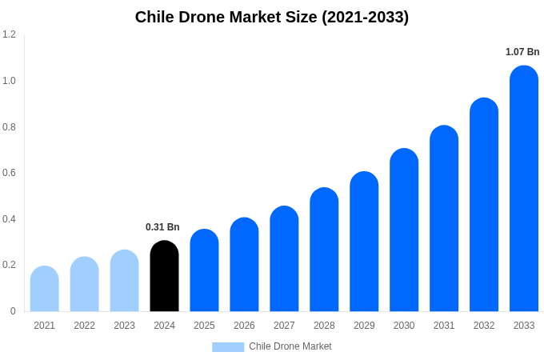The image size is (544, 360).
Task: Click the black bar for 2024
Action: point(164,276)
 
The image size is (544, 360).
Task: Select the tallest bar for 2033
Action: point(524,189)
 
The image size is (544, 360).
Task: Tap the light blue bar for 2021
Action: point(44,289)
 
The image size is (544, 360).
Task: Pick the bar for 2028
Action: point(324,250)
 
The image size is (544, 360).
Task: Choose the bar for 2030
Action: point(404,230)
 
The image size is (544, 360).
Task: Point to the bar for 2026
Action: point(244,265)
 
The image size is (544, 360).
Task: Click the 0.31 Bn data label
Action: point(162,227)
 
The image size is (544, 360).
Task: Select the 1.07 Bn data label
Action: point(522,52)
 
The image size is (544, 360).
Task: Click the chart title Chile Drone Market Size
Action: point(271,17)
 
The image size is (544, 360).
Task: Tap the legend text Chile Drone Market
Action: point(290,346)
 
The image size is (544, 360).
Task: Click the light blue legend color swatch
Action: point(228,346)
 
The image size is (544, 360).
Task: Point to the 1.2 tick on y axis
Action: point(9,34)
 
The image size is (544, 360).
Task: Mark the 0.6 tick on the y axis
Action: point(9,173)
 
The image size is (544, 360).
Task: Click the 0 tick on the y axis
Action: point(13,311)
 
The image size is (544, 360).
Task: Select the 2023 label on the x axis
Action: point(124,326)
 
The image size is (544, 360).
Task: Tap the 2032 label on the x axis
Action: point(484,326)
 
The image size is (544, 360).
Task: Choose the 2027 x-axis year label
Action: point(284,326)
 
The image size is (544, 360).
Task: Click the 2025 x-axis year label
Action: point(204,326)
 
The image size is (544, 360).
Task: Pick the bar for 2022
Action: point(84,284)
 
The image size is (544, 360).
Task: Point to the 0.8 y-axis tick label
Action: point(9,127)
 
